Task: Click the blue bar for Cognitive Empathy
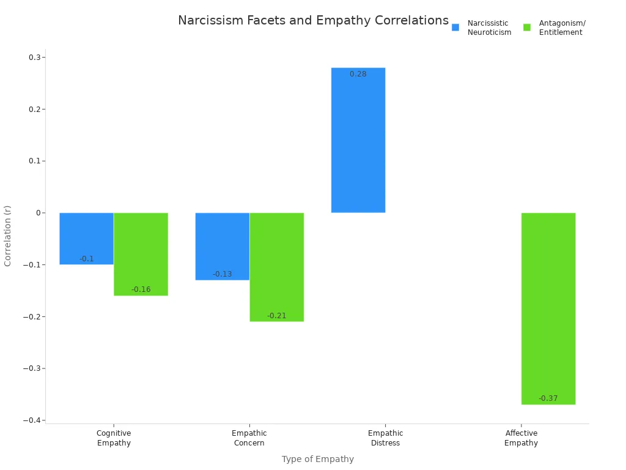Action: point(86,238)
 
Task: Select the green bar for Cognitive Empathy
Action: point(141,253)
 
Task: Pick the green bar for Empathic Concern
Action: point(276,266)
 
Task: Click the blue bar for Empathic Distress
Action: point(358,140)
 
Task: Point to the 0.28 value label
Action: point(358,74)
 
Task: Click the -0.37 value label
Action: point(548,398)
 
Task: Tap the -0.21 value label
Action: point(276,316)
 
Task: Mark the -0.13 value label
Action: point(222,274)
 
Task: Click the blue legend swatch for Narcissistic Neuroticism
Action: point(455,28)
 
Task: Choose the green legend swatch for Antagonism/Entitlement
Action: point(527,28)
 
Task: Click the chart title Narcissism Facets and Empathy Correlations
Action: point(313,20)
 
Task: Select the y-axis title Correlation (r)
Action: point(8,236)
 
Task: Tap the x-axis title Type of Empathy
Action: point(317,459)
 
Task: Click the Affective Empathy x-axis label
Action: point(521,438)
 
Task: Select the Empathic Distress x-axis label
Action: point(385,438)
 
